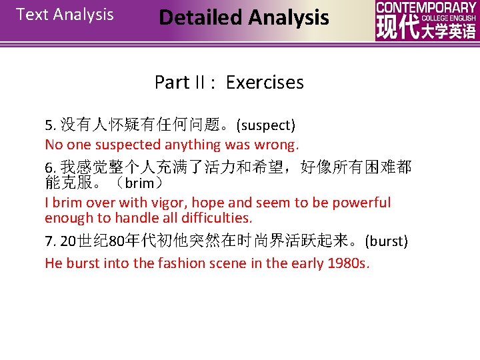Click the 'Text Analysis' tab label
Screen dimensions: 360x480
(x=65, y=15)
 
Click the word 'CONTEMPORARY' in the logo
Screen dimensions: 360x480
(x=426, y=7)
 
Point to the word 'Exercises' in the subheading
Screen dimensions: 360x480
(x=265, y=83)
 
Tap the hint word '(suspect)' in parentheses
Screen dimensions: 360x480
(x=266, y=125)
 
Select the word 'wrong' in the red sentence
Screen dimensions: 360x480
(x=274, y=145)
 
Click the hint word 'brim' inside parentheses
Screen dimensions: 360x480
(x=139, y=183)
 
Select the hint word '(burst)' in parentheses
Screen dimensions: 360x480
(x=387, y=241)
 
